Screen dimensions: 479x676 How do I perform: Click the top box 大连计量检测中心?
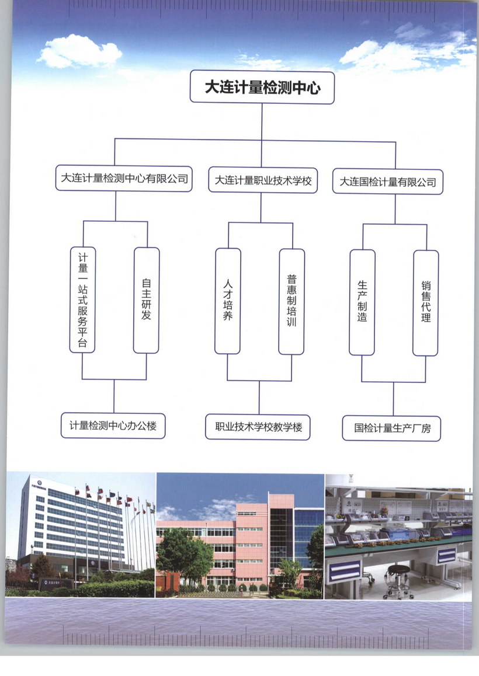click(x=262, y=88)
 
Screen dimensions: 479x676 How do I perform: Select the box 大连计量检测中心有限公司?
click(x=124, y=179)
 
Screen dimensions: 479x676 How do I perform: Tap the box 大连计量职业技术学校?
click(x=263, y=180)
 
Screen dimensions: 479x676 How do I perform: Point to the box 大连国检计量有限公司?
click(x=387, y=182)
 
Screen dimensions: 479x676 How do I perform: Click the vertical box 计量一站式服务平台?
click(x=82, y=299)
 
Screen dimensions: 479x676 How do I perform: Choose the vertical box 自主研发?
click(x=146, y=300)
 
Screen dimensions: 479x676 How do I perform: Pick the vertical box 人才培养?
click(x=227, y=301)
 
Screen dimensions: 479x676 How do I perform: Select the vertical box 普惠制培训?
click(x=291, y=301)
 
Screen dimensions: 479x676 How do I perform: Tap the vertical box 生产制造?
click(x=362, y=302)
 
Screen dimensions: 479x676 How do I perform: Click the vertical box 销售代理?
click(x=425, y=302)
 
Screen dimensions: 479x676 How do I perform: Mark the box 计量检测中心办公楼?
click(x=113, y=426)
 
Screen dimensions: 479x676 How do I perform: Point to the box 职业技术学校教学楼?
click(x=258, y=427)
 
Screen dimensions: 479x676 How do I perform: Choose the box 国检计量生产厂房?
click(x=391, y=428)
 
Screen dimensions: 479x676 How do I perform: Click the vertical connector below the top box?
click(x=262, y=121)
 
